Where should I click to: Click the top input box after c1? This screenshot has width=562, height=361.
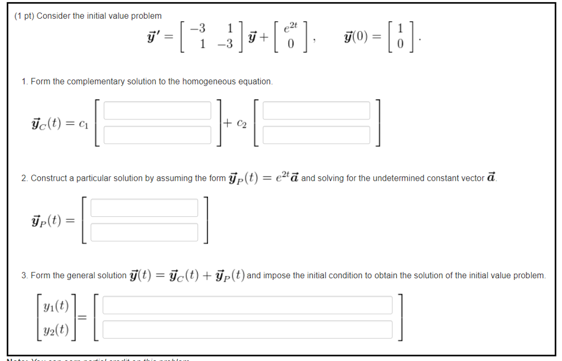(x=157, y=110)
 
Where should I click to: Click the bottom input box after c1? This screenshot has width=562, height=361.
(x=157, y=135)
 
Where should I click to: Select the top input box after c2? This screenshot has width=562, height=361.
(x=316, y=110)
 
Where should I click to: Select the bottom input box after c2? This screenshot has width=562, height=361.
(x=316, y=135)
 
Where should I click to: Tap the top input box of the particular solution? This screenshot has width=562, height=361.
(x=144, y=208)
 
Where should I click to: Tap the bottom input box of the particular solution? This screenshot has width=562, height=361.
(x=144, y=232)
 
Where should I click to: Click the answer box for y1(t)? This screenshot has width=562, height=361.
(x=248, y=305)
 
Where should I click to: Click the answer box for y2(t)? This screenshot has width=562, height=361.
(x=248, y=329)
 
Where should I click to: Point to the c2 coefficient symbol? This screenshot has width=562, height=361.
(x=241, y=124)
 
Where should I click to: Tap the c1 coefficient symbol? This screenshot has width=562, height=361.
(x=83, y=124)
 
